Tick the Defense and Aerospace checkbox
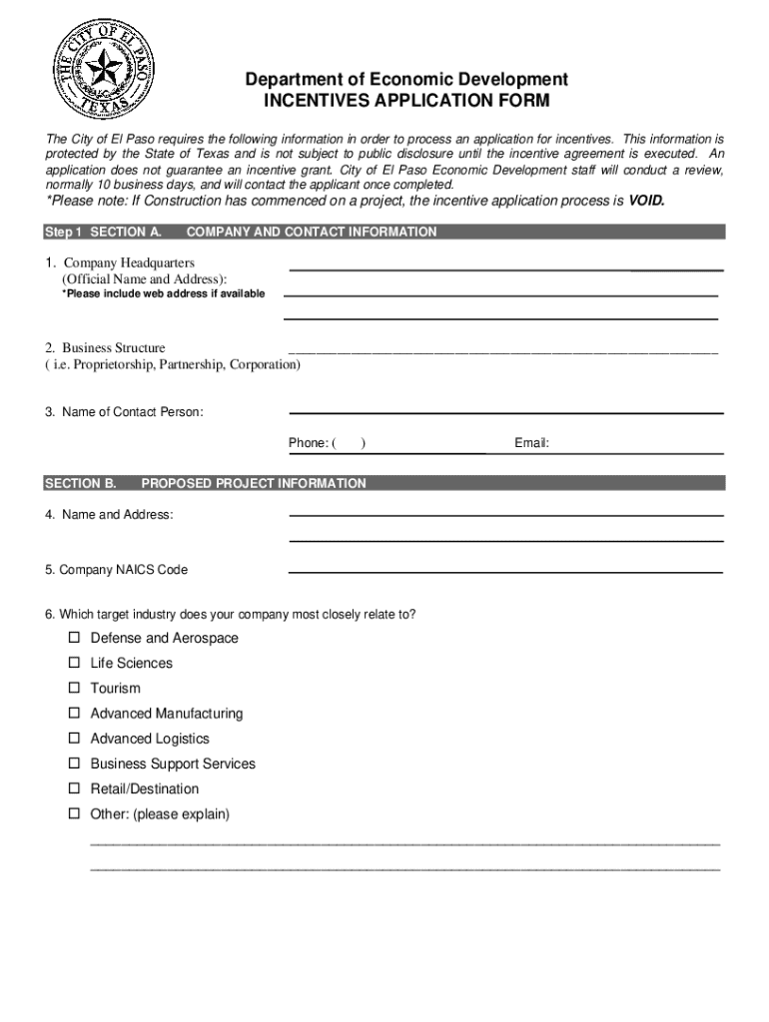coord(74,638)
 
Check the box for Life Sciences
coord(74,663)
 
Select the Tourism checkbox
coord(74,688)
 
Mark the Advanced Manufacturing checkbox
coord(74,714)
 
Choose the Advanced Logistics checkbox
coord(74,739)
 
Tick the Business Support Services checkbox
coord(74,764)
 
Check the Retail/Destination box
coord(74,788)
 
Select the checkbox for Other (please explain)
coord(74,814)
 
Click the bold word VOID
coord(646,201)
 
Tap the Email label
coord(531,443)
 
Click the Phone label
coord(308,443)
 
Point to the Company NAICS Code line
coord(505,572)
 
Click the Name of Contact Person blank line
coord(505,412)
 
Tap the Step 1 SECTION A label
coord(104,233)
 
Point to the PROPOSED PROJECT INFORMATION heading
coord(254,484)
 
